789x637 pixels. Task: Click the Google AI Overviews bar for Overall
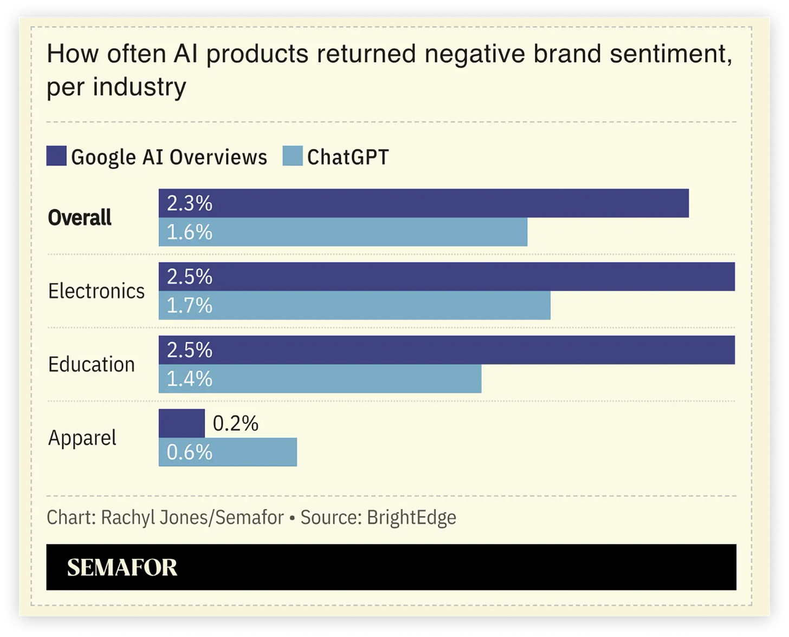424,203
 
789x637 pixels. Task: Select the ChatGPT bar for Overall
343,232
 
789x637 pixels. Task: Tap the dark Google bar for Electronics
447,277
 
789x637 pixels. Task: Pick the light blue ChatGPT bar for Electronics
354,305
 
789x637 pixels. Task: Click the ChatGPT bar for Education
320,378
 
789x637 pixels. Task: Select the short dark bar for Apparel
182,423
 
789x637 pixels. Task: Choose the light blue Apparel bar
228,452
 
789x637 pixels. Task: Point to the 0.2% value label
235,423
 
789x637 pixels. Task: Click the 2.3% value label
189,203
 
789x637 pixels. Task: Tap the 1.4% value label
189,379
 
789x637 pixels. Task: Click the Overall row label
80,218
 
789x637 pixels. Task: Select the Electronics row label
96,291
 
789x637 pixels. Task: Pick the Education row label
92,364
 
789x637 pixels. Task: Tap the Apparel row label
82,438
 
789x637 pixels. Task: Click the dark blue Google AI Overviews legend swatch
56,156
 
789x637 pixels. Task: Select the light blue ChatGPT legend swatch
293,156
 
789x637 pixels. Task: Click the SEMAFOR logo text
122,568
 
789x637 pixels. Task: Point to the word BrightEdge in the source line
411,517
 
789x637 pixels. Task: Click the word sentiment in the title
671,54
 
